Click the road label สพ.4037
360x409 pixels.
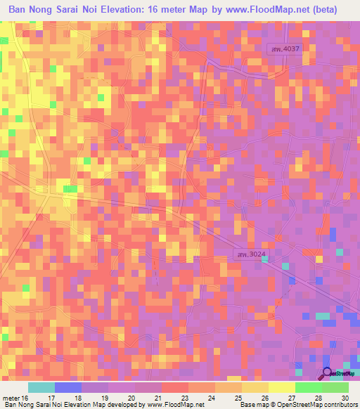pos(287,48)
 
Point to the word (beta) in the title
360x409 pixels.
pos(323,11)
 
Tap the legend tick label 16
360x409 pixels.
pos(27,397)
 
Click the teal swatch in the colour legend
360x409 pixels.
pos(41,387)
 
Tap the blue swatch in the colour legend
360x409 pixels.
pos(68,387)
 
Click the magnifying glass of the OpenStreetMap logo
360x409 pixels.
pos(327,373)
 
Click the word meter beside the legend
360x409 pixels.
pos(11,397)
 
